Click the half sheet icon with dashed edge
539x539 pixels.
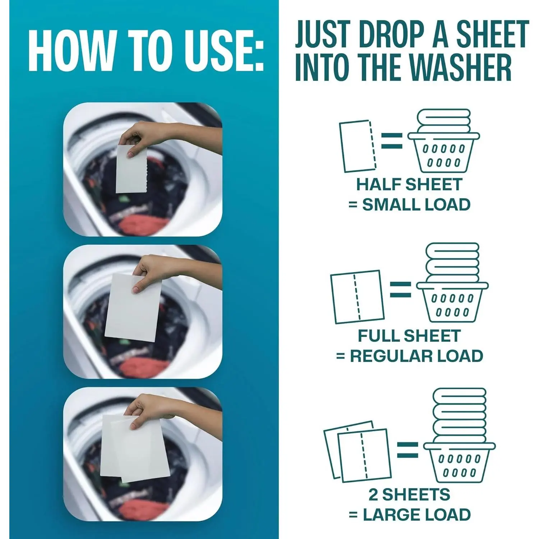358,146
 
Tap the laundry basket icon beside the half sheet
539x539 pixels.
443,141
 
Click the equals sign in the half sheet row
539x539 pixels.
392,141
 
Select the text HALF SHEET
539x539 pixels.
409,184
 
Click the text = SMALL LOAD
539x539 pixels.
409,204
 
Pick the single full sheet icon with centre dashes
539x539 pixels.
358,297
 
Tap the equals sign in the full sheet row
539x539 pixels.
401,289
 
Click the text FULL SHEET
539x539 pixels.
409,336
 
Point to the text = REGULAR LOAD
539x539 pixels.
409,356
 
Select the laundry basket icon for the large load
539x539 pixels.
460,435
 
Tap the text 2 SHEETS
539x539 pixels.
409,495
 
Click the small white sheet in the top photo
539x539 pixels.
132,169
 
